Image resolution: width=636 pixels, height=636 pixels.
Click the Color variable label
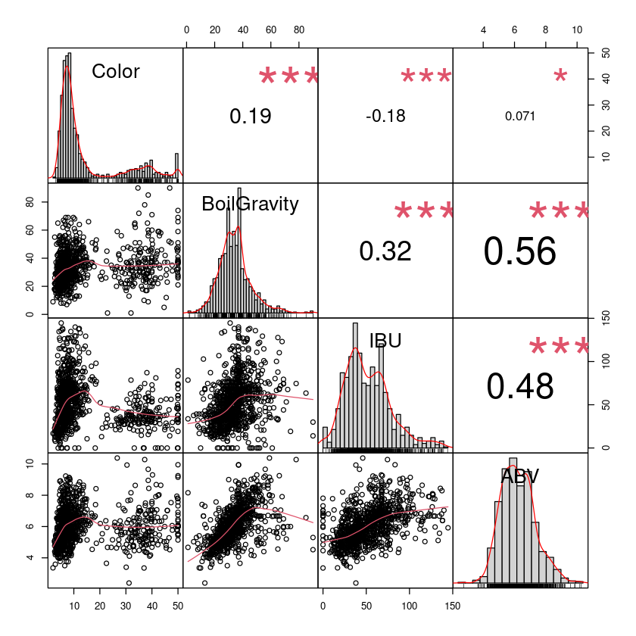click(116, 71)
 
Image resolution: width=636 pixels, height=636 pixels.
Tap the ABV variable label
click(519, 475)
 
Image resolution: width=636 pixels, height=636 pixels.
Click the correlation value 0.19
click(250, 116)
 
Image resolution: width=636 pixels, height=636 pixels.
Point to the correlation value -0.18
click(385, 116)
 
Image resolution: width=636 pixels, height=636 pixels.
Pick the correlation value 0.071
click(519, 117)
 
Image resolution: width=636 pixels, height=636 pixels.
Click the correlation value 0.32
click(385, 251)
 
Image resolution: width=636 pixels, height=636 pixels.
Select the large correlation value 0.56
click(519, 252)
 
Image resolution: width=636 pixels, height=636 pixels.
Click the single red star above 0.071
click(560, 76)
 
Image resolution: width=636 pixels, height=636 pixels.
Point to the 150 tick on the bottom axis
click(452, 606)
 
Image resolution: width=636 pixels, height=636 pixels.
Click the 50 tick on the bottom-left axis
click(178, 606)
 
